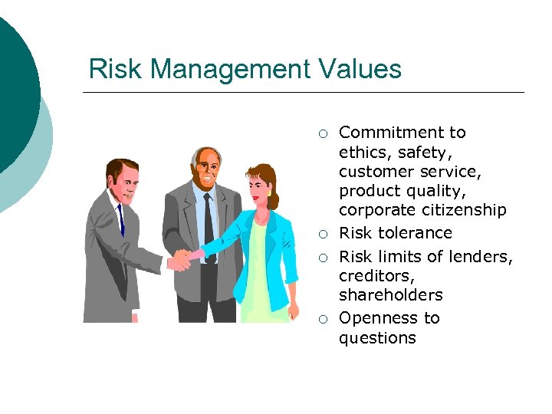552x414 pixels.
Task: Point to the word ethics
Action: (x=363, y=152)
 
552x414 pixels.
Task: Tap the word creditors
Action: (x=373, y=275)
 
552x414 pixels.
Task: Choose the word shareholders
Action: (x=390, y=295)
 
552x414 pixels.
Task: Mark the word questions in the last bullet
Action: (x=377, y=338)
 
